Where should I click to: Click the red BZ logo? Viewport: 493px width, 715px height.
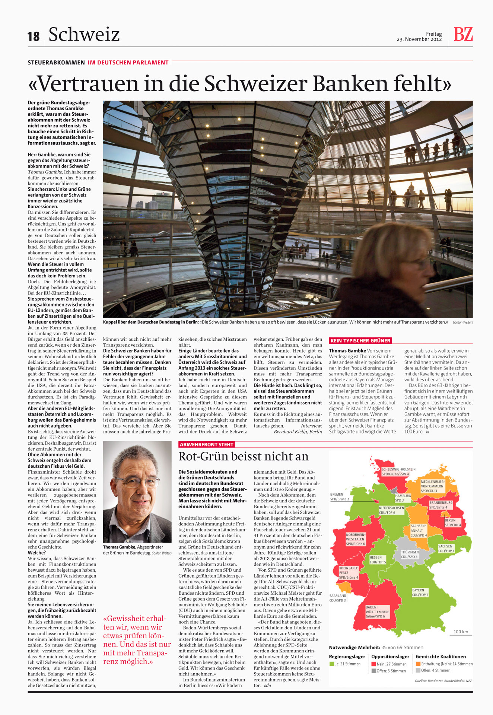(x=463, y=35)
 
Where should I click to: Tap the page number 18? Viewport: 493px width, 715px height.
(x=34, y=36)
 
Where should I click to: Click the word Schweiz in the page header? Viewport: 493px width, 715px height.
(x=84, y=35)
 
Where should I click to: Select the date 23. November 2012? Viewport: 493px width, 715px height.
(x=419, y=39)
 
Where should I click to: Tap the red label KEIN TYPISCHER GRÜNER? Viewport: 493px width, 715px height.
(x=360, y=340)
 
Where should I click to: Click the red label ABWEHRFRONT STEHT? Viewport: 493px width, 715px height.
(x=207, y=444)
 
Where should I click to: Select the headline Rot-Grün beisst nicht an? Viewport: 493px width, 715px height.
(x=244, y=456)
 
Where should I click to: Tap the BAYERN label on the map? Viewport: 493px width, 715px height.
(x=418, y=590)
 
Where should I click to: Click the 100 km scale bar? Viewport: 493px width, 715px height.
(x=461, y=633)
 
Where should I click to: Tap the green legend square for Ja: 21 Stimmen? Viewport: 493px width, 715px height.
(x=331, y=664)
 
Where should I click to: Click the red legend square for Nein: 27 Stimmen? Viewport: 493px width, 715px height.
(x=373, y=664)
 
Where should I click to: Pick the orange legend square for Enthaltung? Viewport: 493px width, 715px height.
(x=418, y=664)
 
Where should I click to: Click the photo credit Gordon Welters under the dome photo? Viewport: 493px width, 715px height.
(x=462, y=322)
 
